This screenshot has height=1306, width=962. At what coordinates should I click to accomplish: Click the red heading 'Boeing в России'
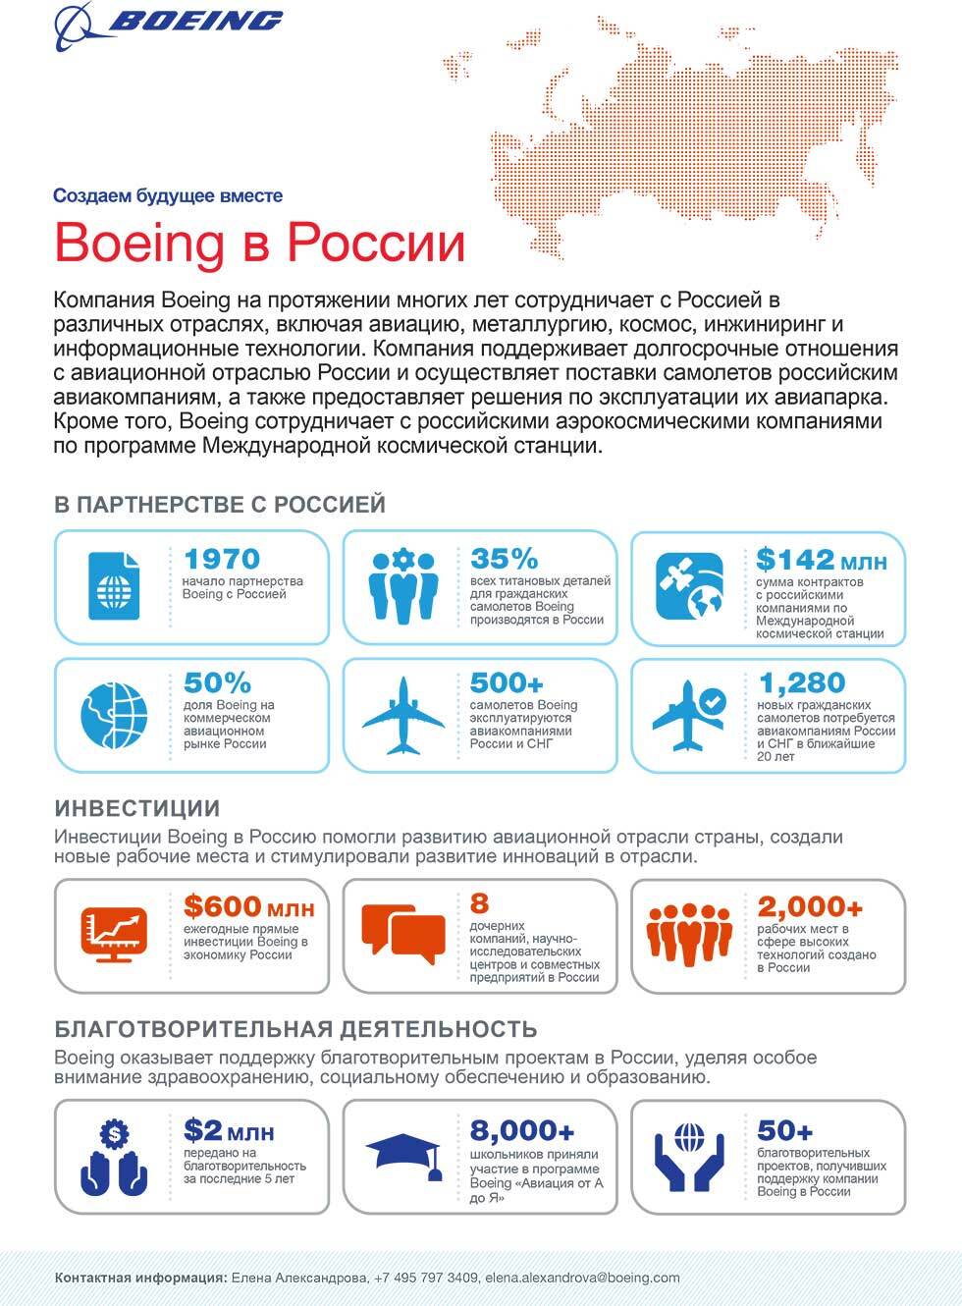tap(259, 243)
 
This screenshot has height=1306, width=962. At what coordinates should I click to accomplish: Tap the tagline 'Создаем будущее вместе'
tap(168, 195)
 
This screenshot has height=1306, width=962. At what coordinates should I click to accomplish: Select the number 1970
tap(222, 559)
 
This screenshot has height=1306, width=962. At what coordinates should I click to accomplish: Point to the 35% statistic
tap(504, 559)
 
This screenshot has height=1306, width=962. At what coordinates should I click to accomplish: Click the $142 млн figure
tap(821, 560)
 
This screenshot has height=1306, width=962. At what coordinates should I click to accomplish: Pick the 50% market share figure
tap(217, 682)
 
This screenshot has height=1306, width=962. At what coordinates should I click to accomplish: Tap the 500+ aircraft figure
tap(507, 682)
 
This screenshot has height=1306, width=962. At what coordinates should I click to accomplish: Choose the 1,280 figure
tap(802, 682)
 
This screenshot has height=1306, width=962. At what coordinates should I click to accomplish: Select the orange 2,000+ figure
tap(810, 906)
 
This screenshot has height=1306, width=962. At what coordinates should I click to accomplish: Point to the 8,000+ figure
tap(522, 1130)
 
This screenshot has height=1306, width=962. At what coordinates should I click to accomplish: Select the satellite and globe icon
tap(690, 586)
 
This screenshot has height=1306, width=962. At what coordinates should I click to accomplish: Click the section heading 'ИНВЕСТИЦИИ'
tap(137, 808)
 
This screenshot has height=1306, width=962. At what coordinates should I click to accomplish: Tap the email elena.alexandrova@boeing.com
tap(581, 1278)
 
